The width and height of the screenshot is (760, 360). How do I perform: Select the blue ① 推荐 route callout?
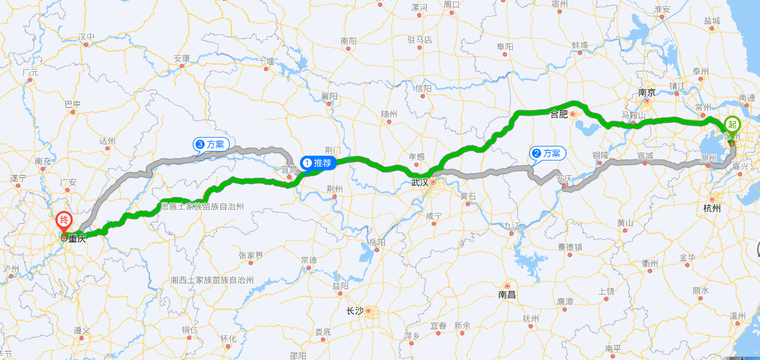[x=318, y=163]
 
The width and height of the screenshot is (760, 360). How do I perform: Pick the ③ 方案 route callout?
[x=211, y=144]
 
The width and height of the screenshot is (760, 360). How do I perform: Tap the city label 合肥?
[x=559, y=114]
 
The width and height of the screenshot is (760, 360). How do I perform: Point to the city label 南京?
[x=646, y=93]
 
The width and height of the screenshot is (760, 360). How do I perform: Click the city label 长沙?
[x=355, y=311]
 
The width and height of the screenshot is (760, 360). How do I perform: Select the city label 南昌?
[x=507, y=294]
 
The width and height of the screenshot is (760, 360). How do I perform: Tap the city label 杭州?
[x=712, y=209]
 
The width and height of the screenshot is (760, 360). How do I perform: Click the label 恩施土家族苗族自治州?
[x=202, y=206]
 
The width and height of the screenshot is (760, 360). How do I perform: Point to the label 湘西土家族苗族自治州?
[x=212, y=280]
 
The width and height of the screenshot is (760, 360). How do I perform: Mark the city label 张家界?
[x=251, y=255]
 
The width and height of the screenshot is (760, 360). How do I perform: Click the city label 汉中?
[x=87, y=37]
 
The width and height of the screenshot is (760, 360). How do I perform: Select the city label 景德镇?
[x=570, y=247]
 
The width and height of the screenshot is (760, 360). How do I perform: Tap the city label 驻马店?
[x=420, y=40]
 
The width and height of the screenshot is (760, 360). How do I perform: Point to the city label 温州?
[x=738, y=316]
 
